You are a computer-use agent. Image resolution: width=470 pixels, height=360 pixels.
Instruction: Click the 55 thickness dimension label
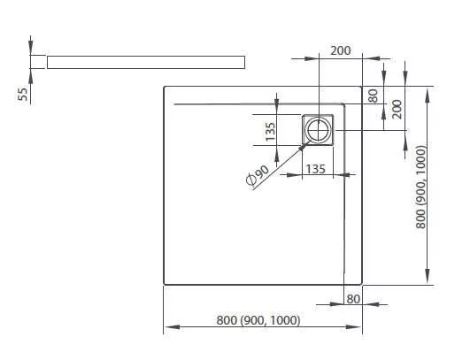[23, 94]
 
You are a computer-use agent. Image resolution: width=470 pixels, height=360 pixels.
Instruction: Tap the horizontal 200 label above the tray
[341, 50]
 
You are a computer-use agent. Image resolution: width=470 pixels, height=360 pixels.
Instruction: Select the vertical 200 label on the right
[397, 110]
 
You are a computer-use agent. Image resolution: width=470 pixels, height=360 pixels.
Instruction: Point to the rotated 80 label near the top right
[373, 96]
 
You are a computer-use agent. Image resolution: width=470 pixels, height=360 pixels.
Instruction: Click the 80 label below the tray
[353, 299]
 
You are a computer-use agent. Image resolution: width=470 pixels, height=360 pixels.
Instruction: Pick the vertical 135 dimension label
[270, 131]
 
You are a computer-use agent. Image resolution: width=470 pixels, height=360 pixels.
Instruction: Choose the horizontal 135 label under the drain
[316, 169]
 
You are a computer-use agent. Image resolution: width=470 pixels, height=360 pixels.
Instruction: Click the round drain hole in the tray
[318, 130]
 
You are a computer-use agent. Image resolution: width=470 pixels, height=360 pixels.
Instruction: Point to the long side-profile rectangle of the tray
[146, 62]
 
